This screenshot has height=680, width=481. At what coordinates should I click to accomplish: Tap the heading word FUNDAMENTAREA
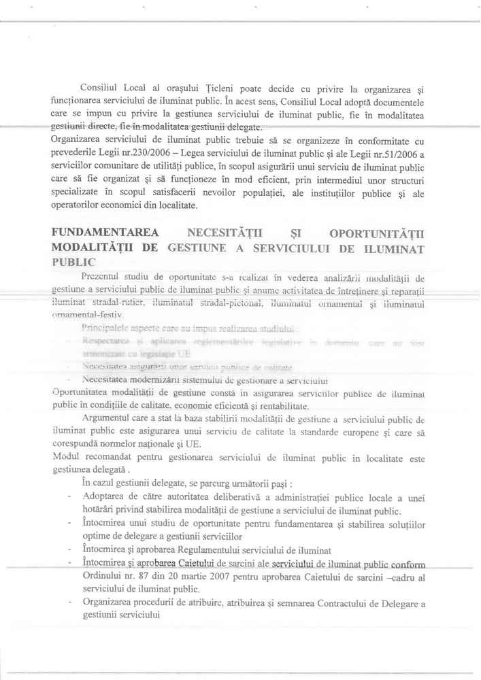tap(103, 235)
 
